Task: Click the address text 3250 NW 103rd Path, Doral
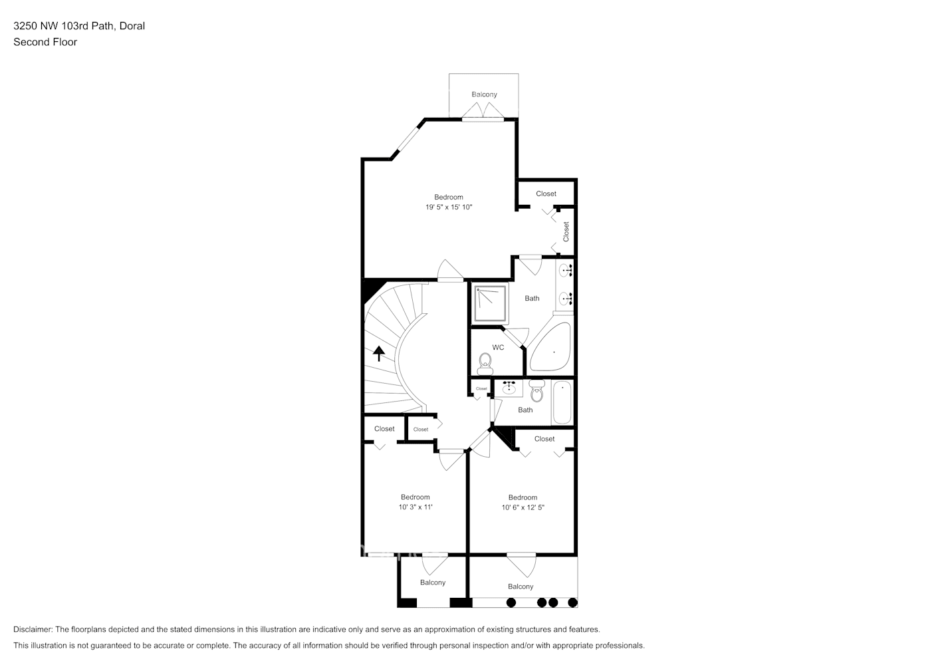(79, 26)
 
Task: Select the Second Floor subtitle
(45, 42)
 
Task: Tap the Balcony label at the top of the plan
(484, 94)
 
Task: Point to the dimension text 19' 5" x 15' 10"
(449, 207)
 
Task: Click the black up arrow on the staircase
(379, 353)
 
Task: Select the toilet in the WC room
(485, 362)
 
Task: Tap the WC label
(498, 347)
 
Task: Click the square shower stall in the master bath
(490, 303)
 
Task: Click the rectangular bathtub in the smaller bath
(562, 402)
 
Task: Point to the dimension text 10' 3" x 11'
(415, 507)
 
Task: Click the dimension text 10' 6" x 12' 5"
(523, 507)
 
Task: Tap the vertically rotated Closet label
(566, 231)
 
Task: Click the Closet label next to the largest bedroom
(546, 194)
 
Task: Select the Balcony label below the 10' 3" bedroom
(433, 583)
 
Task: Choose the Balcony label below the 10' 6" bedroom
(521, 587)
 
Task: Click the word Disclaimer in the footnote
(32, 629)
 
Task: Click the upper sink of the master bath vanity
(565, 270)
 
